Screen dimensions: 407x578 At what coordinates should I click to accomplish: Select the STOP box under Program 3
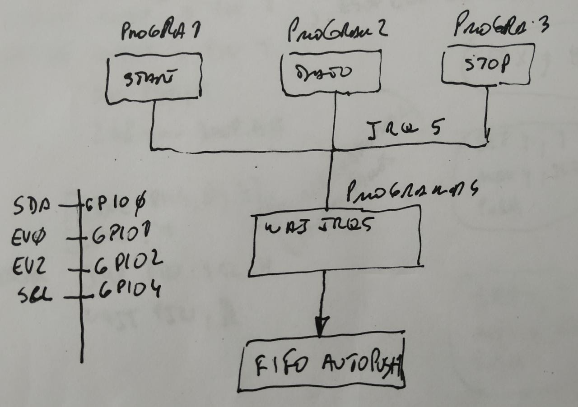click(488, 65)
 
